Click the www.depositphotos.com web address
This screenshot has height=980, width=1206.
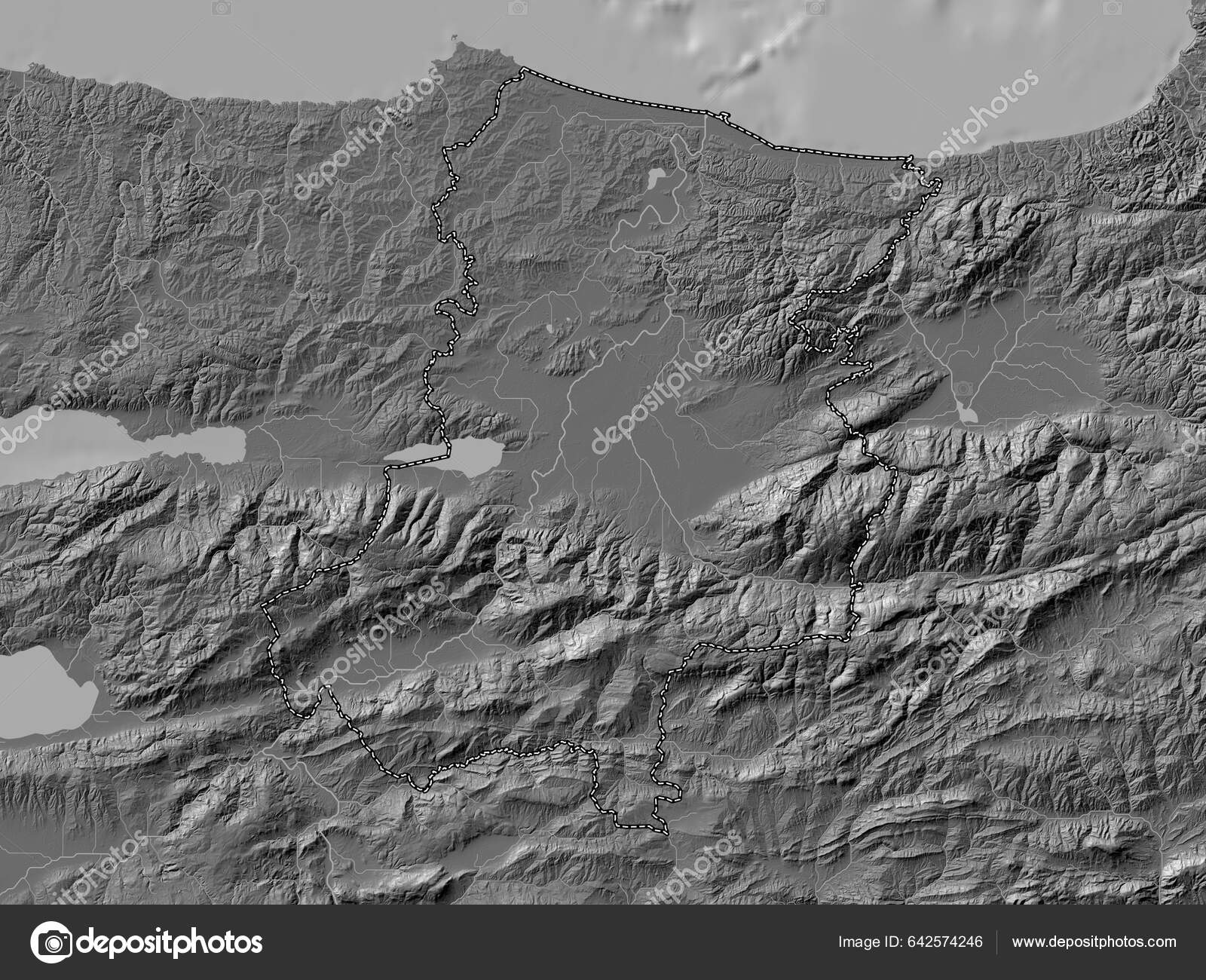(x=1094, y=942)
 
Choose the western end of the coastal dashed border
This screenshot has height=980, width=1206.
(x=522, y=69)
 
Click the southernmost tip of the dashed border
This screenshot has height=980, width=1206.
(x=666, y=831)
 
